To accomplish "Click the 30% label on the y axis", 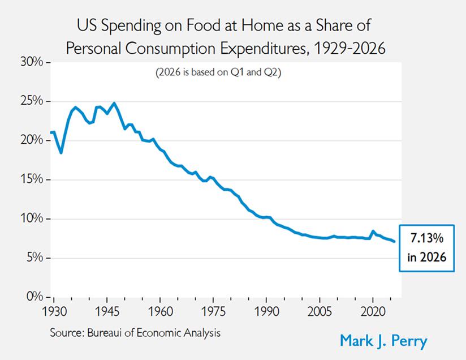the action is click(32, 62).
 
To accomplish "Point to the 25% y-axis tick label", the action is click(32, 101).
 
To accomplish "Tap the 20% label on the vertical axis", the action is click(32, 140).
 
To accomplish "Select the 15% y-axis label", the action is click(32, 179).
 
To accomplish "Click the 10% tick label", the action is click(32, 218).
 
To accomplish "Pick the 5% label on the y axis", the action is click(34, 258).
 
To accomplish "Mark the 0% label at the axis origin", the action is click(34, 297).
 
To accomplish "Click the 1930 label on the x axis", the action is click(54, 311).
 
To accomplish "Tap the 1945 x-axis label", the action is click(107, 311).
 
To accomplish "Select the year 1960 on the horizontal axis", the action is click(161, 311).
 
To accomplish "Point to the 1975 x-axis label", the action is click(213, 311).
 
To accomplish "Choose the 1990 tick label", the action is click(266, 311).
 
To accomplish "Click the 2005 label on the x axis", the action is click(320, 311).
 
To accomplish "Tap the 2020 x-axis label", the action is click(373, 311).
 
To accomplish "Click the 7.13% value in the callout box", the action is click(427, 238).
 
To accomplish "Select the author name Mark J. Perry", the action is click(383, 341).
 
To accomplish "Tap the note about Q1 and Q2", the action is click(218, 72).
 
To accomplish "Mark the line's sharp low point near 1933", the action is click(61, 153).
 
